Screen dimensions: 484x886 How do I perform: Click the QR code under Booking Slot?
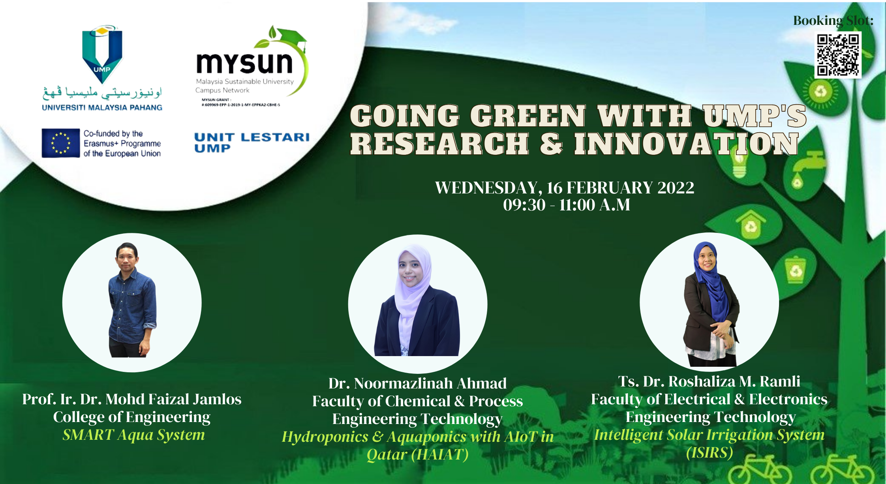(838, 55)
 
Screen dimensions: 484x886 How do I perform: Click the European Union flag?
(61, 143)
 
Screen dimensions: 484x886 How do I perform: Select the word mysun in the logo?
(244, 63)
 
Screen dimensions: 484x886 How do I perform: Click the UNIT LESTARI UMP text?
(252, 142)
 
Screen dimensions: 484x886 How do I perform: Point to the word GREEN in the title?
(528, 116)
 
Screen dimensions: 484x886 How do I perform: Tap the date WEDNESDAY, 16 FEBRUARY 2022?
(565, 188)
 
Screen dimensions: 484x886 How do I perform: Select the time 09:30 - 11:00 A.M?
(566, 205)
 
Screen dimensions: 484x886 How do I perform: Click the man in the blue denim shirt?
(132, 300)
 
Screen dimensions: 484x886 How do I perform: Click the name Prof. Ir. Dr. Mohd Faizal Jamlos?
(132, 399)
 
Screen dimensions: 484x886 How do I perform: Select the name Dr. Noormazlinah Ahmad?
(417, 383)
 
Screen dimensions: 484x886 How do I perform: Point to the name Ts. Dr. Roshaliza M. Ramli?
(709, 381)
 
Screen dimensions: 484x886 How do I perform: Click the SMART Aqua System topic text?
(133, 435)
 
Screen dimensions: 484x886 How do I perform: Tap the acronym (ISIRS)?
(710, 452)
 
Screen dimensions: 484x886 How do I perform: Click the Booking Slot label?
(833, 21)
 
